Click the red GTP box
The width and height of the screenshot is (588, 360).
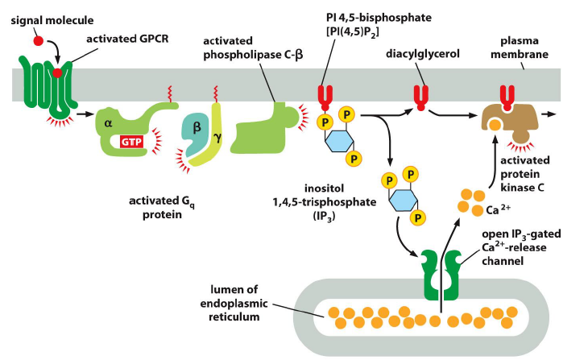tap(130, 142)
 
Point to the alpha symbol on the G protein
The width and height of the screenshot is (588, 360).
tap(109, 123)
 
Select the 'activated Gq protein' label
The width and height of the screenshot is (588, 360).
tap(162, 205)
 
